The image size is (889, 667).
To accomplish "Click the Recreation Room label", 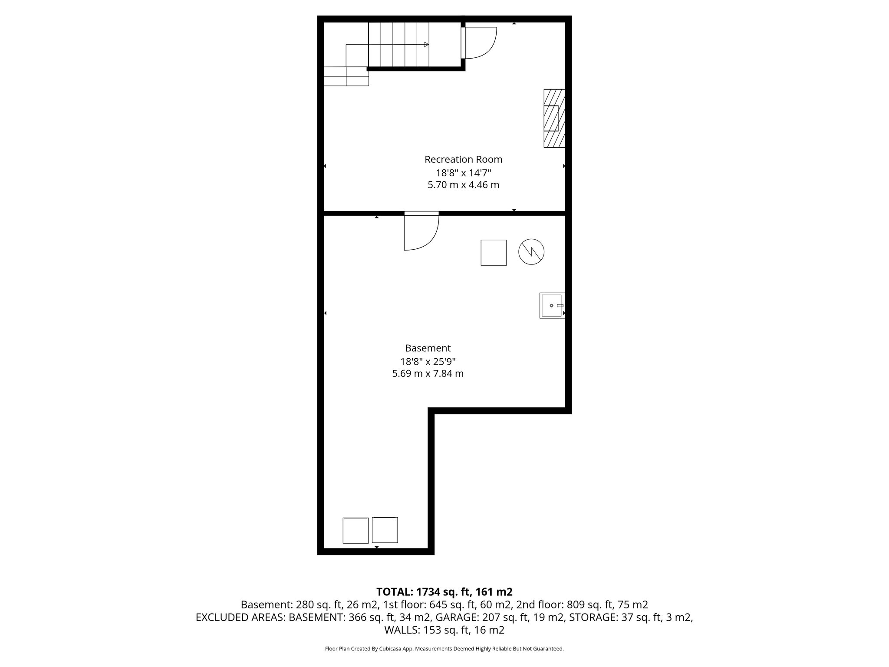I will coord(463,159).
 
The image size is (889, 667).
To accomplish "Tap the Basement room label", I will coord(428,348).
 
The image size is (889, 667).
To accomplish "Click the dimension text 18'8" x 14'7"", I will coord(464,173).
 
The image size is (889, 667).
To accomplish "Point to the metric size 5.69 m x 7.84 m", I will coord(428,373).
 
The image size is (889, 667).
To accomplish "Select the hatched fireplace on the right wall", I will coord(554,118).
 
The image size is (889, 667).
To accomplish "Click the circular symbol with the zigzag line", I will coord(531,252).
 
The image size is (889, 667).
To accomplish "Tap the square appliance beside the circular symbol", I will coord(494,252).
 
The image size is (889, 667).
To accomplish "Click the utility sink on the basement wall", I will coord(552,305).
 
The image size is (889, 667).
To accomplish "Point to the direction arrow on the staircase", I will coord(426,44).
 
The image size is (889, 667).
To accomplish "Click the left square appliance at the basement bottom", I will coord(356,530).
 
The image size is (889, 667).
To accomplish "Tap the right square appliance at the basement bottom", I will coord(385,530).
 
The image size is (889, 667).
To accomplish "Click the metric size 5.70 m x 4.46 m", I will coord(463,185).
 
